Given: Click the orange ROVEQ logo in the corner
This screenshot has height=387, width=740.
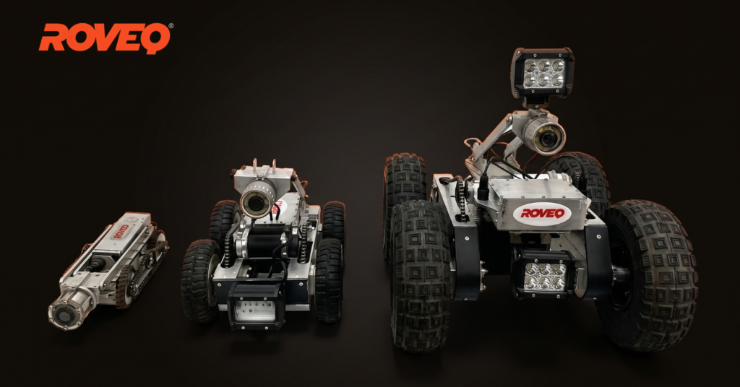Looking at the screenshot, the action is (104, 38).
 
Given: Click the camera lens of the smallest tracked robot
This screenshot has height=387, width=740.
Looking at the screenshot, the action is (61, 316).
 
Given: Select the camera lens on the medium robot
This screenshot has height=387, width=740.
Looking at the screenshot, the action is (256, 203).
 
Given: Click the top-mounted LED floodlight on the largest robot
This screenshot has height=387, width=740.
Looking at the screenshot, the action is (543, 72).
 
